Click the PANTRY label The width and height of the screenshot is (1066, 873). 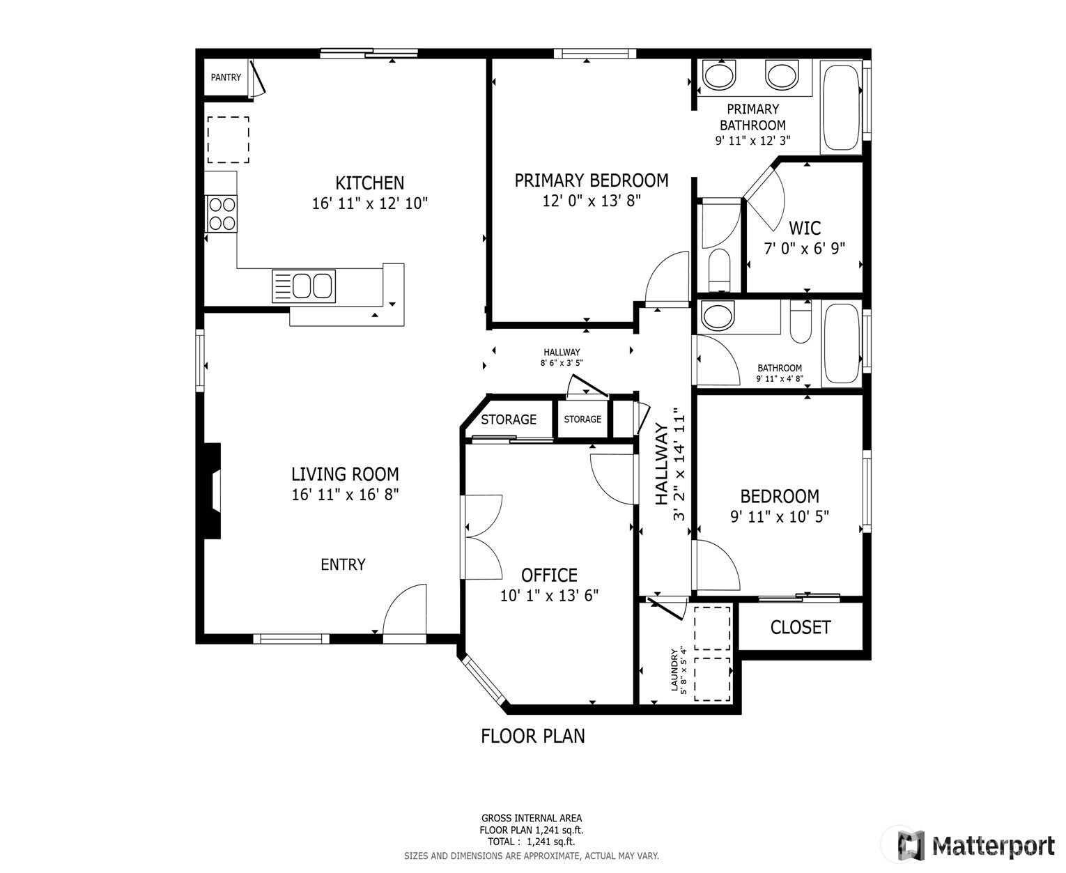[x=226, y=77]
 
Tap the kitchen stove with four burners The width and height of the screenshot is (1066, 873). [x=222, y=214]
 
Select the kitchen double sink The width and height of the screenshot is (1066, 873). [x=304, y=286]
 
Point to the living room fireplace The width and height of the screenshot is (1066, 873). [x=213, y=490]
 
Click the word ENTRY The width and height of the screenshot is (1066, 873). [x=343, y=564]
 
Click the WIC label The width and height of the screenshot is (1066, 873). [x=805, y=229]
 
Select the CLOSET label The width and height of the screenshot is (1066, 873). [x=800, y=627]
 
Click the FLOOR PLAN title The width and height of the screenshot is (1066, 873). [x=533, y=736]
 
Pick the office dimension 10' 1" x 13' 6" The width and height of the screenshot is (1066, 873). [x=549, y=596]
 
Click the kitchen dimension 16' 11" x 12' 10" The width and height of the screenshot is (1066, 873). [x=369, y=203]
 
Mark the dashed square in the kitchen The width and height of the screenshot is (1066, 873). [x=228, y=140]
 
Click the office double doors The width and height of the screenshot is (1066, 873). [x=481, y=537]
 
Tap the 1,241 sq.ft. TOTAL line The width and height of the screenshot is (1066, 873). [x=531, y=842]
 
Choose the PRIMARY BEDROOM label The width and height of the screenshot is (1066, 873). [x=592, y=180]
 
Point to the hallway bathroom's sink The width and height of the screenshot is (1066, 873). [x=718, y=316]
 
